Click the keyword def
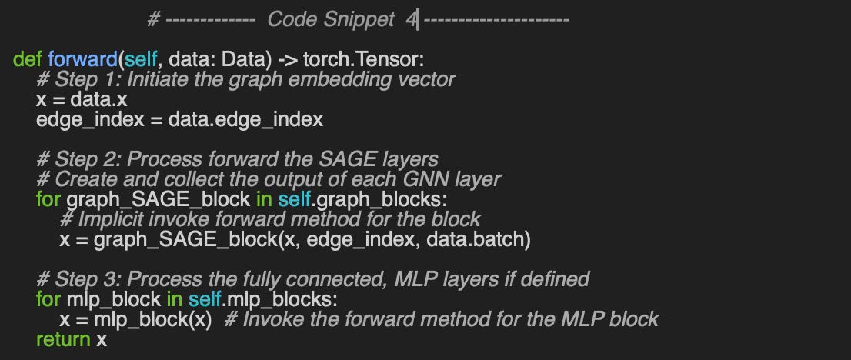pos(28,60)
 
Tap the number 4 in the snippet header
pos(411,20)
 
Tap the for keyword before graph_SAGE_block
pos(48,200)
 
